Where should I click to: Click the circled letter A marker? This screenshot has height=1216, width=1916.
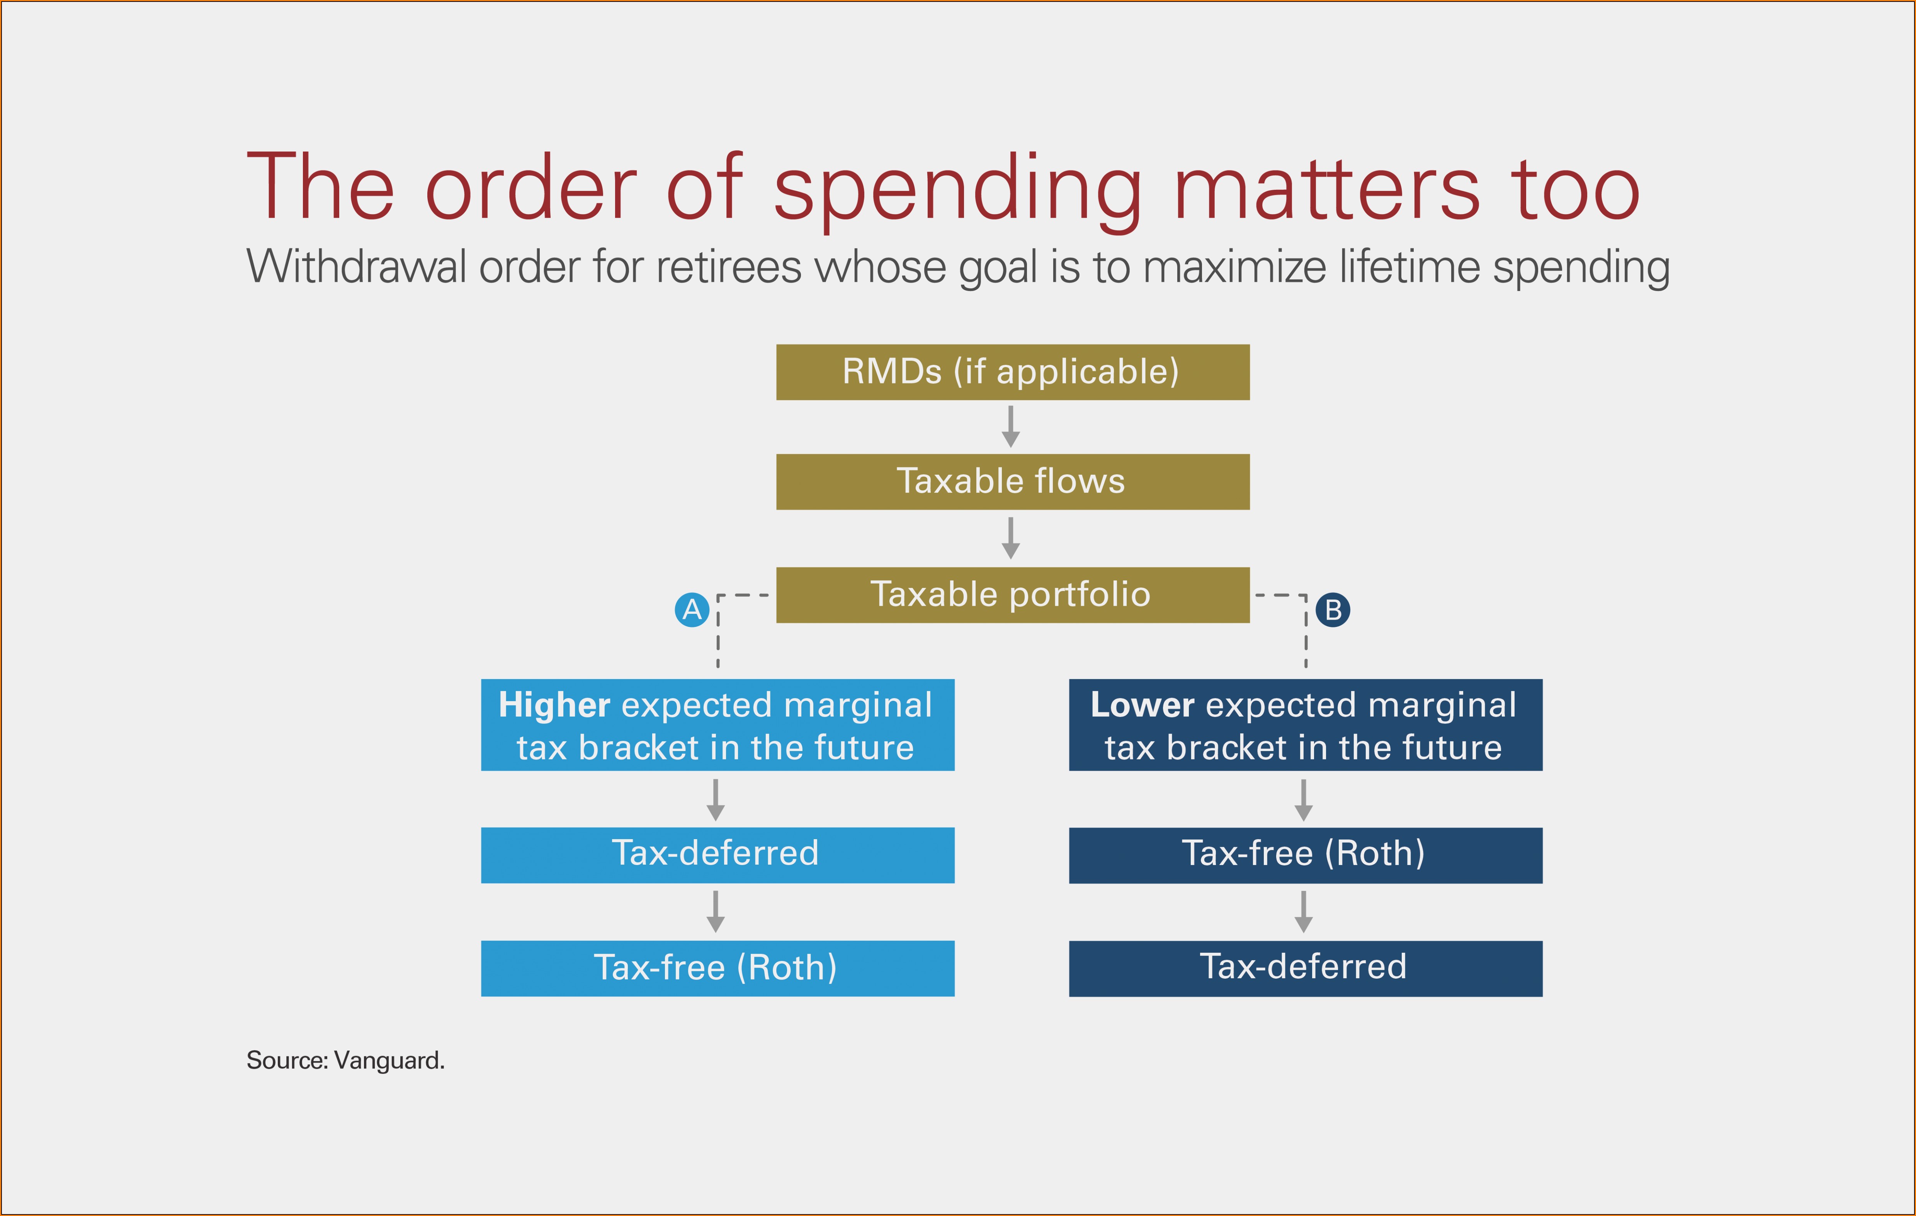pos(692,610)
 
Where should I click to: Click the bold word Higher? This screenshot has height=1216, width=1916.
pos(554,705)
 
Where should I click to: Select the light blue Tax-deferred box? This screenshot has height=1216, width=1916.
pos(718,855)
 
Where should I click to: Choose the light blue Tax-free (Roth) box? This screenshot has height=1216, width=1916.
pos(718,968)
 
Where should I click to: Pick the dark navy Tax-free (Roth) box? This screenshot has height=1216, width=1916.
pos(1306,855)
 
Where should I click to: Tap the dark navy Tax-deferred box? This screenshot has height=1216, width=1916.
pos(1306,968)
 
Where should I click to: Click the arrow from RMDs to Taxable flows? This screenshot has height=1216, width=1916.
pos(1010,427)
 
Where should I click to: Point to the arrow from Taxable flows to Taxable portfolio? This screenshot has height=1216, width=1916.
pos(1010,538)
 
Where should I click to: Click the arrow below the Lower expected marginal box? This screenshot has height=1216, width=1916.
pos(1303,800)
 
